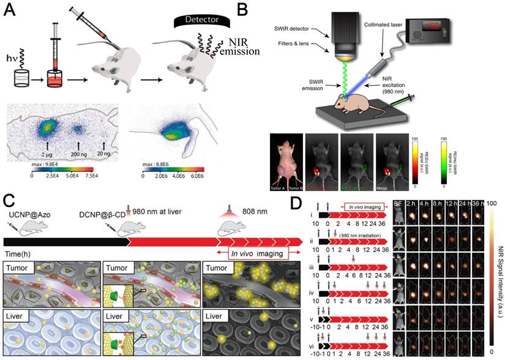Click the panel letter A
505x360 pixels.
coord(11,10)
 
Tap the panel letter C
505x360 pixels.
coord(10,200)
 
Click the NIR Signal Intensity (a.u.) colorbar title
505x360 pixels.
coord(498,269)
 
